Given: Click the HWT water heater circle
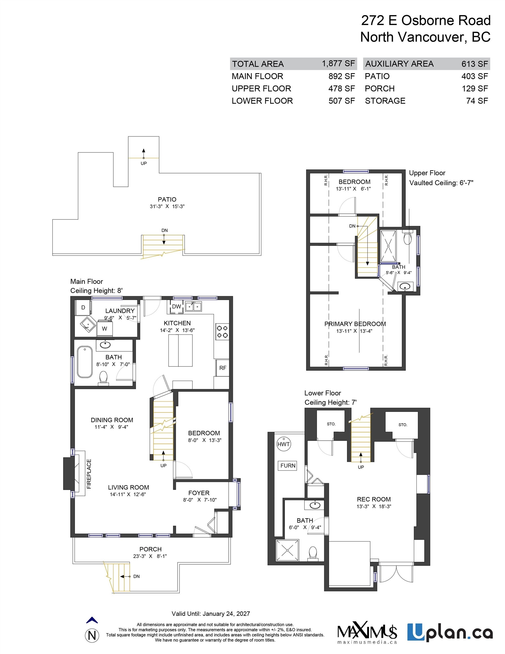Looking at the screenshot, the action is click(x=283, y=444).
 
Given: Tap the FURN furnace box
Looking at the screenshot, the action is click(x=288, y=466).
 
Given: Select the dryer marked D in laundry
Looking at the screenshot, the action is click(x=83, y=307).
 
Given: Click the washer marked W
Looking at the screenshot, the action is click(x=104, y=328).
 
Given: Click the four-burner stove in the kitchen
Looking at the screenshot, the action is click(x=222, y=332).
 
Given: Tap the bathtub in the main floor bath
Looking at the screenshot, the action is click(x=85, y=362).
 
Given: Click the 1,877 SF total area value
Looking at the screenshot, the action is click(x=338, y=64).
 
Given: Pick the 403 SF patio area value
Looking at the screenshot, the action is click(x=474, y=76).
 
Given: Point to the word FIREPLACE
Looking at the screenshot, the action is click(x=89, y=474).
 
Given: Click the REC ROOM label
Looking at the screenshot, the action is click(x=374, y=499).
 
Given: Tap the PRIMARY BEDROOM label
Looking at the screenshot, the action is click(x=355, y=324).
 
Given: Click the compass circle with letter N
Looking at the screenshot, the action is click(x=92, y=636).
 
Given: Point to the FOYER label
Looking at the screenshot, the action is click(x=199, y=493).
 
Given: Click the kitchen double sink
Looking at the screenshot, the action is click(x=193, y=307).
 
